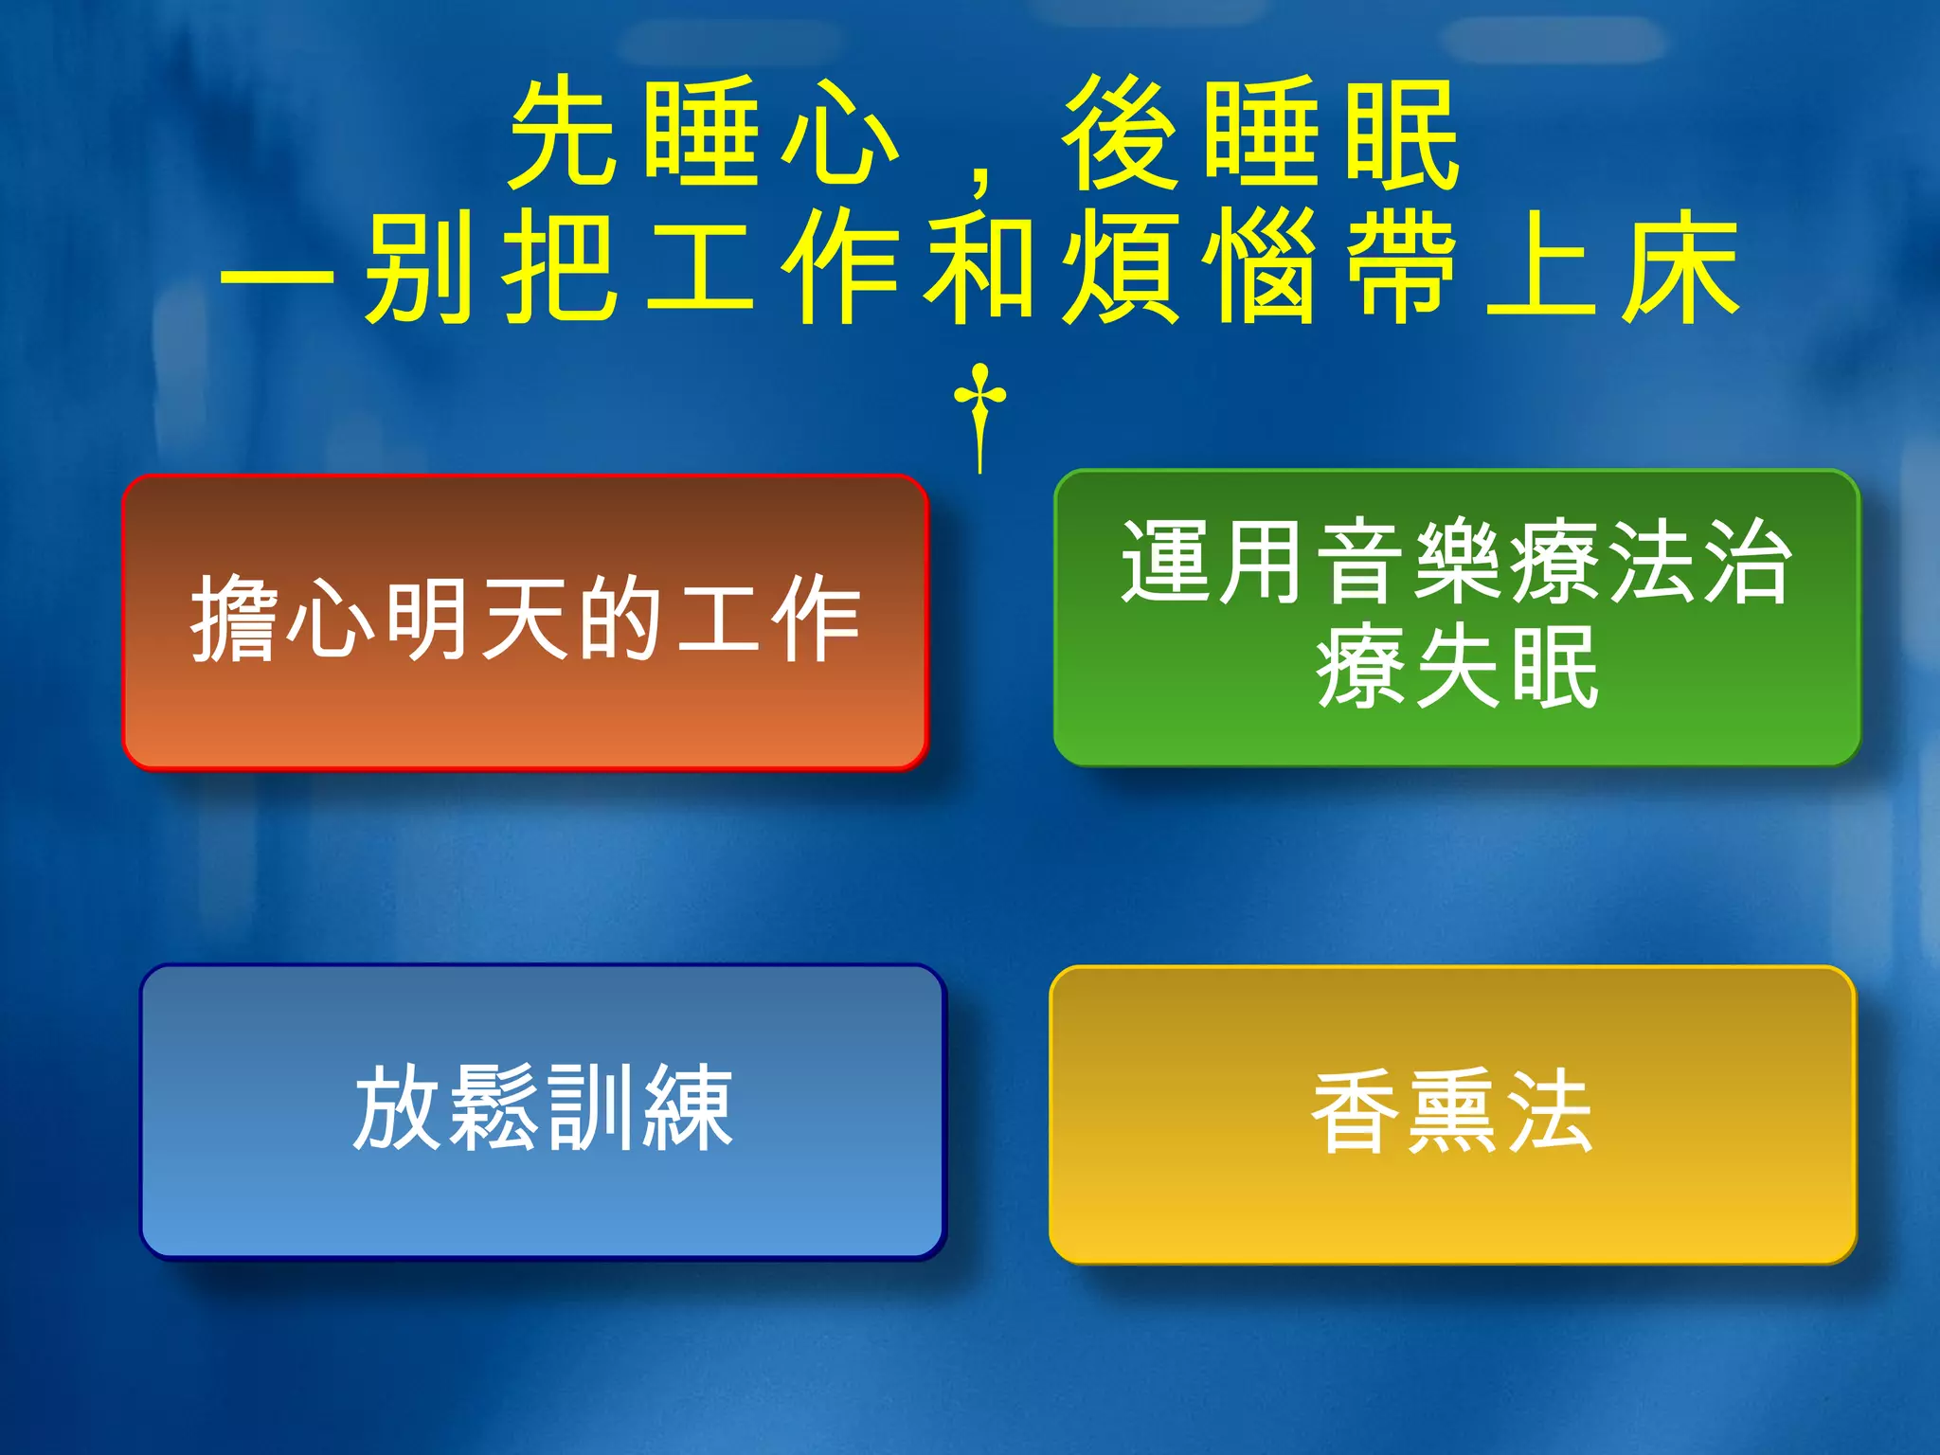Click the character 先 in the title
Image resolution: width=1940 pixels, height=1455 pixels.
[565, 133]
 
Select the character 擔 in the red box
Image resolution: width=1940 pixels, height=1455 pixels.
[235, 620]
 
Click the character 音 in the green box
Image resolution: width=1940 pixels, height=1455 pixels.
[1360, 563]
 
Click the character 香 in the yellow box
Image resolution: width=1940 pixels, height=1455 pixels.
[1356, 1112]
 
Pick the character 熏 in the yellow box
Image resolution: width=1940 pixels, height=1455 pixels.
[1453, 1112]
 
